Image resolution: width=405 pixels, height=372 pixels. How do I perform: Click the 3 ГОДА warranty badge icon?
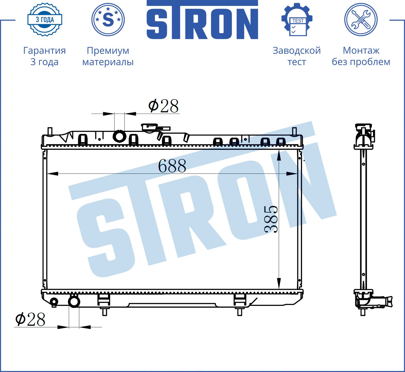tap(45, 20)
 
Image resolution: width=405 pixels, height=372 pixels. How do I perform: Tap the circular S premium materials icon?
tap(108, 20)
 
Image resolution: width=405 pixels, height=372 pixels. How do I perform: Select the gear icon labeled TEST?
tap(297, 20)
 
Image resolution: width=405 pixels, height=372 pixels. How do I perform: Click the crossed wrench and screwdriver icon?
tap(361, 20)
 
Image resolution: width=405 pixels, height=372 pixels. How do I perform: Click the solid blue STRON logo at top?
tap(202, 20)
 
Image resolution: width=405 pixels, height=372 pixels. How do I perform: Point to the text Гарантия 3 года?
tap(45, 56)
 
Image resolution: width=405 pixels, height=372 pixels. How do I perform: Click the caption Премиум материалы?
tap(108, 56)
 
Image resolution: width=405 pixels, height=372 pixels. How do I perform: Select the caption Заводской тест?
tap(297, 56)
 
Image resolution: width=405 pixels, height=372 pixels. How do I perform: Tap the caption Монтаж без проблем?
tap(361, 56)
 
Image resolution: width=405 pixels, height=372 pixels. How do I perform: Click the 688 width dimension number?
tap(172, 166)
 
